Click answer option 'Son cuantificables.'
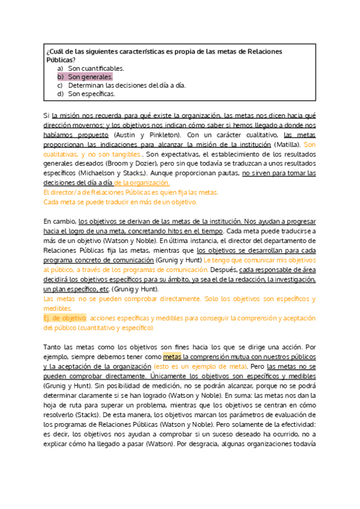pyautogui.click(x=96, y=68)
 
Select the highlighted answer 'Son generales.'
pyautogui.click(x=89, y=77)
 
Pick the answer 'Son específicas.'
pyautogui.click(x=91, y=94)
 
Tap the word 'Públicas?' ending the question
pyautogui.click(x=61, y=60)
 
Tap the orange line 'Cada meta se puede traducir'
pyautogui.click(x=120, y=202)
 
